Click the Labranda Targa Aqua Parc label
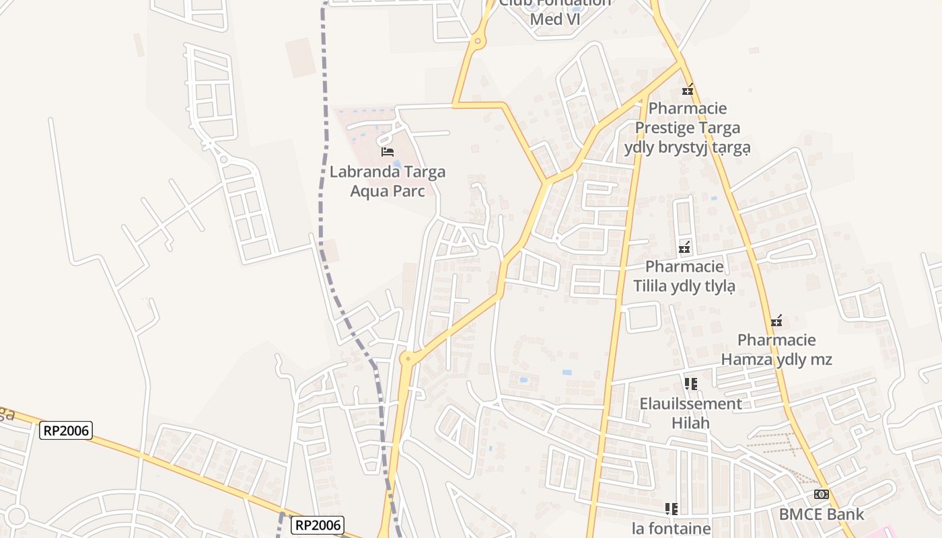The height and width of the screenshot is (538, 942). coord(388,182)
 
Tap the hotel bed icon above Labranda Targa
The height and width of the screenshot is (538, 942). coord(388,151)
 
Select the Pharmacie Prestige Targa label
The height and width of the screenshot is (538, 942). coord(687,127)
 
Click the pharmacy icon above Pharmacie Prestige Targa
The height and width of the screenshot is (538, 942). coord(688,89)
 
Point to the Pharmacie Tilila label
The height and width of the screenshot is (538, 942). coord(684,276)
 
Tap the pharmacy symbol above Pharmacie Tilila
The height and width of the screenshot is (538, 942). coord(684,247)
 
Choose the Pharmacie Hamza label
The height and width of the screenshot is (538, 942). coord(776,350)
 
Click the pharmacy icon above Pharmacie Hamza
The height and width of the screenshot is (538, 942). coord(776,321)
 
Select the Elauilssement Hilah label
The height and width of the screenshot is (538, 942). coord(690,413)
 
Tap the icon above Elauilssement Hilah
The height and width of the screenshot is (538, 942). coord(690,384)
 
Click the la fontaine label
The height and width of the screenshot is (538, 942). coord(672,529)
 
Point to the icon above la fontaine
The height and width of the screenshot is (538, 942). coord(671,508)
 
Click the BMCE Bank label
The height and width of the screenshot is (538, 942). coord(822,514)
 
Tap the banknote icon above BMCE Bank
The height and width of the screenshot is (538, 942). coord(822,494)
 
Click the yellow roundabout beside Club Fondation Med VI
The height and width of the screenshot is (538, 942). coord(477,42)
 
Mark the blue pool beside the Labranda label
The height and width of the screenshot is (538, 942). coord(397,163)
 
